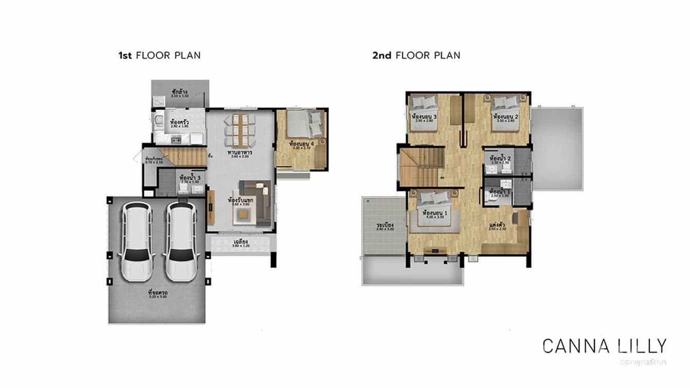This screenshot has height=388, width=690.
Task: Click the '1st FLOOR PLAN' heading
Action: click(x=159, y=55)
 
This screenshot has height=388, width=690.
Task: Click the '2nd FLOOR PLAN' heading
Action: click(x=416, y=55)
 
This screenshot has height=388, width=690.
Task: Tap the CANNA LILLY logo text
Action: click(x=605, y=346)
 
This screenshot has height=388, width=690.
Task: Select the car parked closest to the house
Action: click(x=181, y=241)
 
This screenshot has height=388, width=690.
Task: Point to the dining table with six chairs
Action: click(x=240, y=130)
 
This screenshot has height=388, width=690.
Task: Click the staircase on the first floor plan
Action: click(x=181, y=156)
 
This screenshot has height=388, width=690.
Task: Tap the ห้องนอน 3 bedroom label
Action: click(x=424, y=116)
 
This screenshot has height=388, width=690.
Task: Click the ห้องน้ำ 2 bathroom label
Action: click(x=500, y=158)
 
